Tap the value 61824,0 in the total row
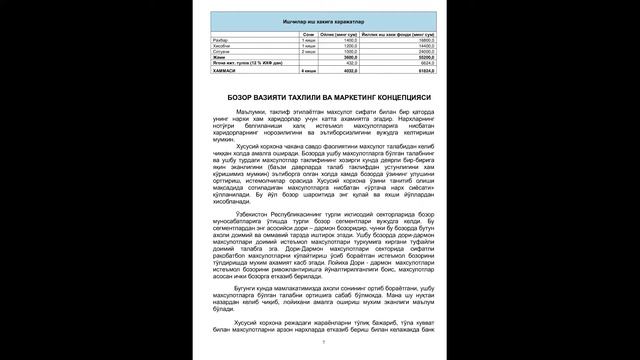pyautogui.click(x=394, y=72)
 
